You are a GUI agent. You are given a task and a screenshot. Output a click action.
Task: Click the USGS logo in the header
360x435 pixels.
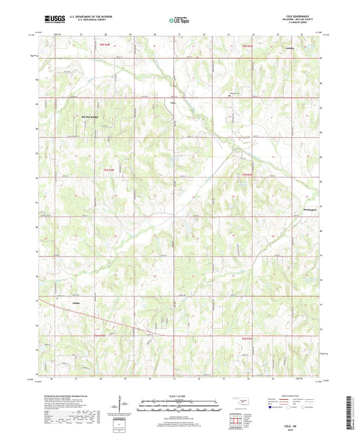49,21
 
